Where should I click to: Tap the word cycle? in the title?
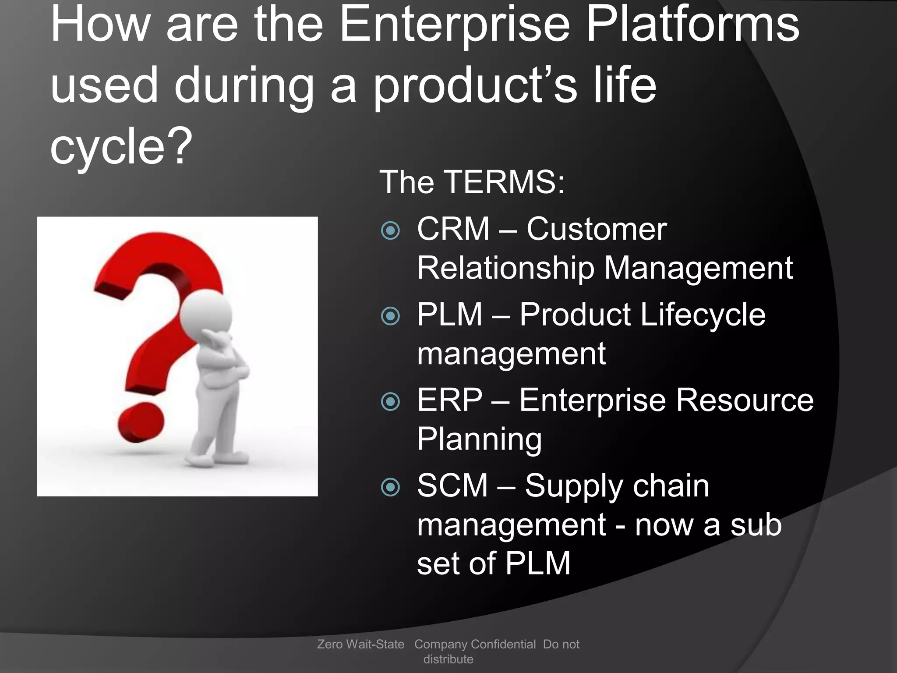(121, 147)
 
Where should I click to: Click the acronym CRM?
(453, 229)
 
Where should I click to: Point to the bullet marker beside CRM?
(390, 230)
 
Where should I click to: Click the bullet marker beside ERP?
(390, 401)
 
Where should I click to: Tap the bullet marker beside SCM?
(390, 487)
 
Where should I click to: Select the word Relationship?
(505, 268)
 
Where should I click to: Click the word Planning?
(479, 439)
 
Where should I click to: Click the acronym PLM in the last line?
(538, 563)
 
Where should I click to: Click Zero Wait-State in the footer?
(360, 644)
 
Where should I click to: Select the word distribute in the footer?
(448, 659)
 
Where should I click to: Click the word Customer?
(596, 229)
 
